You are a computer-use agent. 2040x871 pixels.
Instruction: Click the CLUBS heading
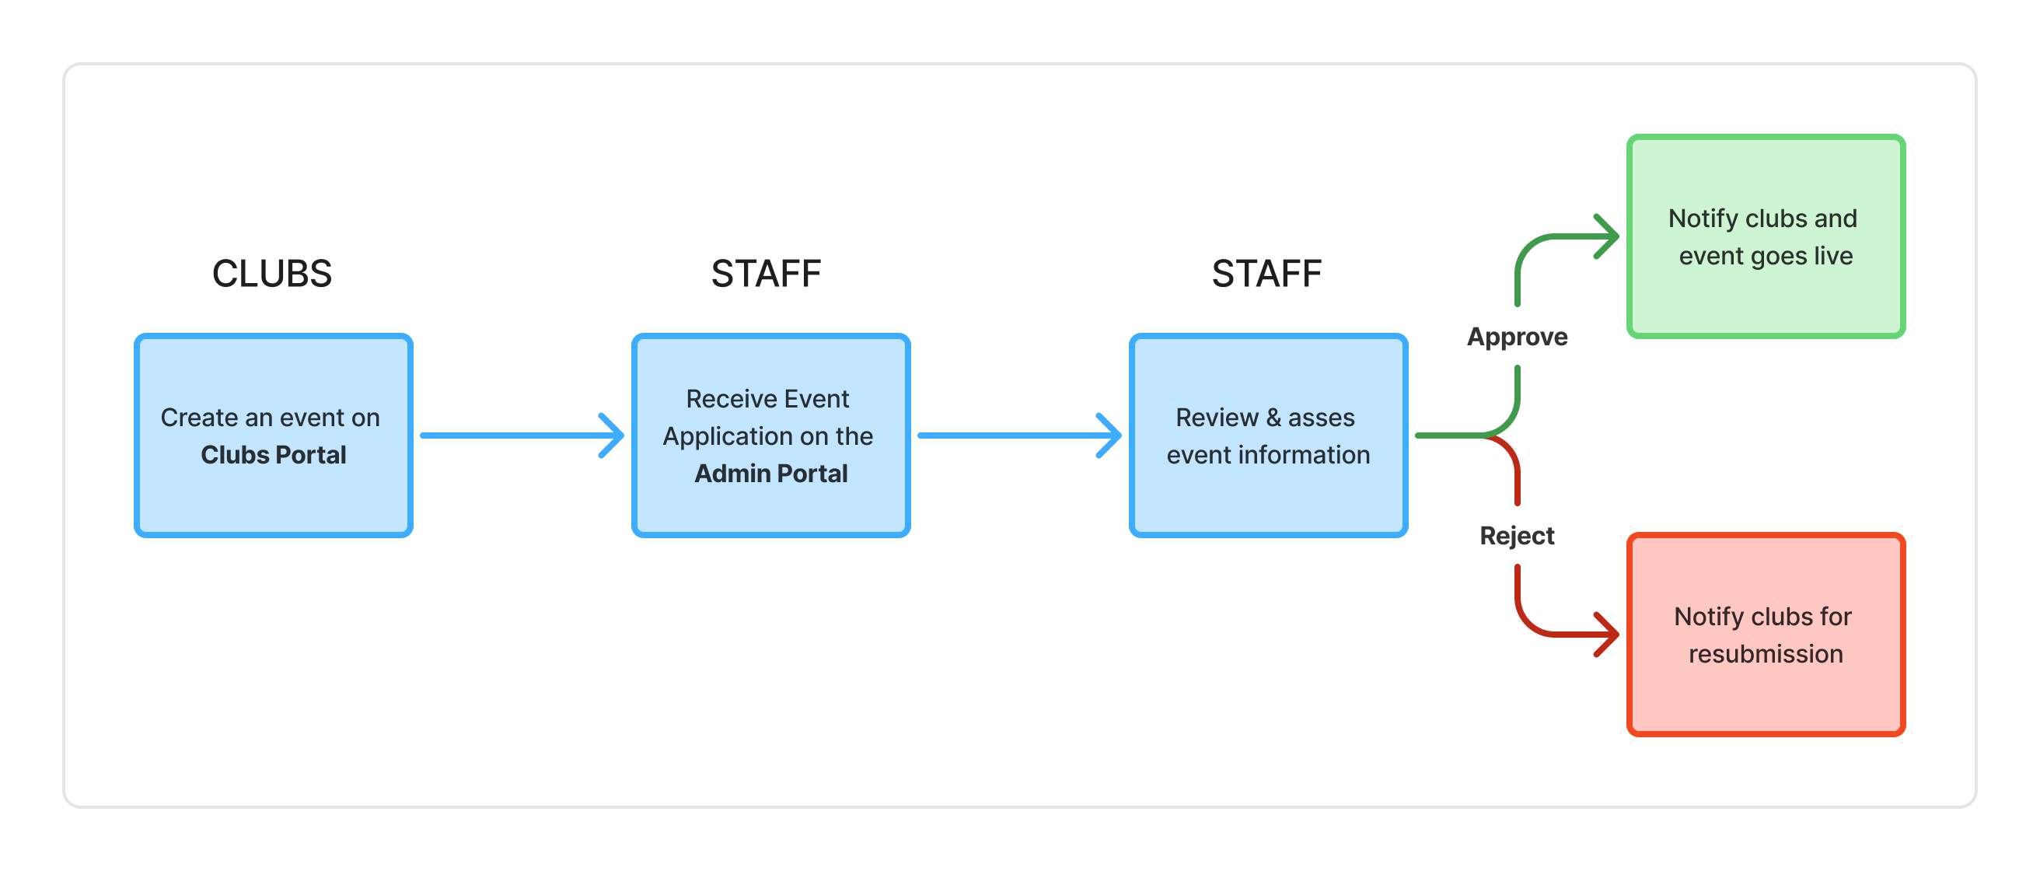point(271,274)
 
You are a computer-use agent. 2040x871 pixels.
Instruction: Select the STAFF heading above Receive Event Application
point(766,274)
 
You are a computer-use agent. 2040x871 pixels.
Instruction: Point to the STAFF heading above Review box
point(1266,274)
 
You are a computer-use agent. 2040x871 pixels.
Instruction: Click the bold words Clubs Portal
point(273,454)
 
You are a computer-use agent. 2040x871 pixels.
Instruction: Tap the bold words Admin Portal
point(770,474)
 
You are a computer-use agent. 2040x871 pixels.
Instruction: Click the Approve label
point(1517,338)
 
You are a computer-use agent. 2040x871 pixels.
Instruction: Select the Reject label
point(1517,536)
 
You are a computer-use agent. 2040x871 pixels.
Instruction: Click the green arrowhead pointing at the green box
point(1608,236)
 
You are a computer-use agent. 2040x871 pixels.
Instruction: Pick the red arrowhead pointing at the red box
point(1608,635)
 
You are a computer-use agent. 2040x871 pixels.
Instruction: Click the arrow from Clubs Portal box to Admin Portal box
point(522,435)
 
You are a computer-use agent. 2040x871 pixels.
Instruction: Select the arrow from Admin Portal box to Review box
point(1019,435)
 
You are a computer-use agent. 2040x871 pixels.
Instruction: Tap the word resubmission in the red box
point(1766,654)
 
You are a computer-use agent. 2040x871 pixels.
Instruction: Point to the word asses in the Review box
point(1321,418)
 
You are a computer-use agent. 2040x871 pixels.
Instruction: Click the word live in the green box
point(1833,256)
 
